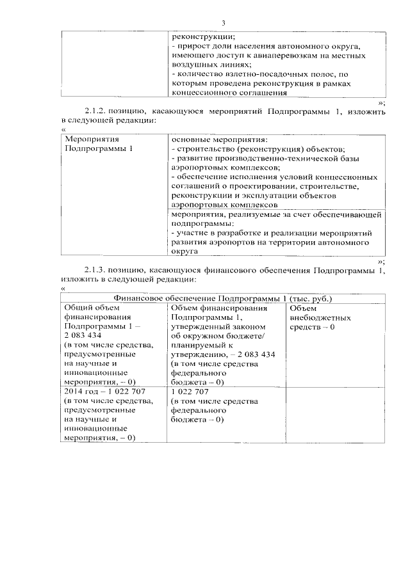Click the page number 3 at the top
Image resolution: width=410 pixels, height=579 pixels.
(224, 23)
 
